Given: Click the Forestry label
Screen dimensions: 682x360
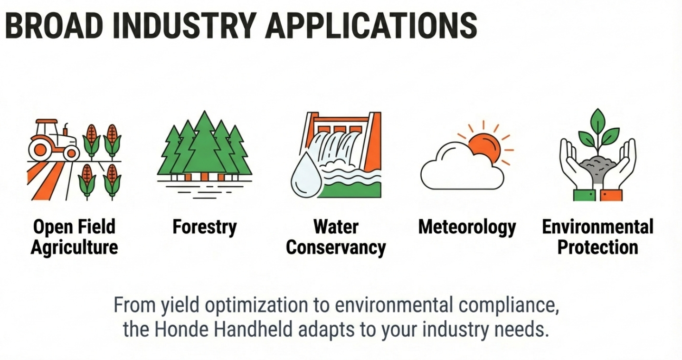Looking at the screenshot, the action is (205, 227).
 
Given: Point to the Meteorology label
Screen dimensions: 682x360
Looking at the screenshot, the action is (467, 227).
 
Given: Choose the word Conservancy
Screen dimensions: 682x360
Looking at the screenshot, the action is (336, 247).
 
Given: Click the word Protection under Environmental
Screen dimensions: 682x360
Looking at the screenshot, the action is (597, 247).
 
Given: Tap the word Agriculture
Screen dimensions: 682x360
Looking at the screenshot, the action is (74, 247).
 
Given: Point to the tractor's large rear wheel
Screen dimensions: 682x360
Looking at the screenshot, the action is (41, 149).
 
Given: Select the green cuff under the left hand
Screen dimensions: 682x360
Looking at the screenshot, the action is (584, 195).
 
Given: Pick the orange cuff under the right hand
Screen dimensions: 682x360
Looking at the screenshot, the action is (611, 195).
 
